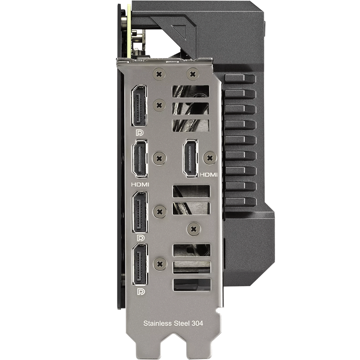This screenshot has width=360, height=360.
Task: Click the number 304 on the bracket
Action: [197, 324]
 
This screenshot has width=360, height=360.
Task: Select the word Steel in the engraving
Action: [181, 324]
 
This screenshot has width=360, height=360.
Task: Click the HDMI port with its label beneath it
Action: [140, 159]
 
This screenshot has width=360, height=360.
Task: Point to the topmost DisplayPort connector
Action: [139, 106]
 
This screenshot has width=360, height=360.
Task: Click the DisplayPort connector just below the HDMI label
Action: [140, 212]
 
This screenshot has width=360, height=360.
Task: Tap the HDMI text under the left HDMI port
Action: [140, 184]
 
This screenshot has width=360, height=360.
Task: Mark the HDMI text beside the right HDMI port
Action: [208, 175]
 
